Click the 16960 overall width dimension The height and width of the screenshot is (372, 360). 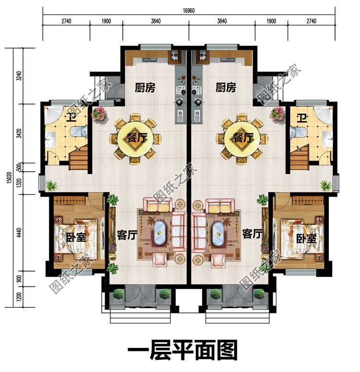(x=188, y=10)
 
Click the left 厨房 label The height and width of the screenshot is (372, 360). (x=145, y=87)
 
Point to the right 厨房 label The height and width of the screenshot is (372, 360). (x=226, y=87)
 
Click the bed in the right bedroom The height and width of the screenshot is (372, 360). (x=299, y=236)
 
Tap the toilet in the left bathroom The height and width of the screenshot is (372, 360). (x=79, y=132)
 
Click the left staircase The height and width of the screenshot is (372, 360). (x=79, y=159)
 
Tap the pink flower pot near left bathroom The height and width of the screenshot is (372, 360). (x=99, y=113)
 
